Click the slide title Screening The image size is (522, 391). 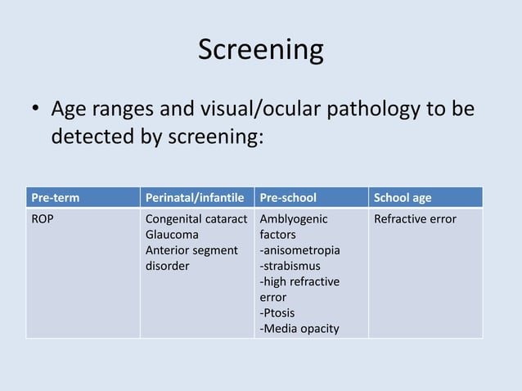coord(260,51)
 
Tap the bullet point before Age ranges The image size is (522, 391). coord(34,109)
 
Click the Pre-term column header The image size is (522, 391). coord(51,197)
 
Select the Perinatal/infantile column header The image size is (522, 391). coord(196,197)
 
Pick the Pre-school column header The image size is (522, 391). coord(287,197)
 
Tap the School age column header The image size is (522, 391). coord(403,197)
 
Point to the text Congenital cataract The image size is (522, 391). coord(197,219)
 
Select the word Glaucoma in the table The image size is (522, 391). coord(171,235)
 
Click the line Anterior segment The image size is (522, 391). coord(191,250)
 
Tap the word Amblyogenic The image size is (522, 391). coord(293,219)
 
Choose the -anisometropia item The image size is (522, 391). coord(300,250)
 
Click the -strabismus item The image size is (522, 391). coord(290,266)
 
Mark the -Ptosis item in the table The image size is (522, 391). coord(277,312)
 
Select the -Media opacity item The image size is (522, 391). coord(299,329)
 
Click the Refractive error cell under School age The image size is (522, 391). coord(415,219)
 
